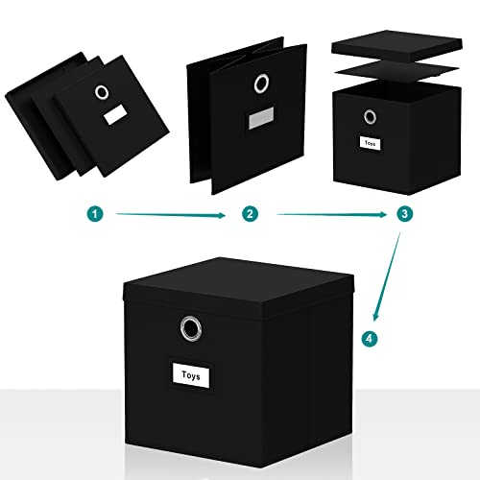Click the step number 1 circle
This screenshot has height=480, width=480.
tap(93, 215)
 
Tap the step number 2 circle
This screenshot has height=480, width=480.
tap(250, 215)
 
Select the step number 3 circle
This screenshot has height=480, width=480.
tap(405, 215)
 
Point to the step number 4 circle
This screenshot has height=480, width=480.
tap(367, 338)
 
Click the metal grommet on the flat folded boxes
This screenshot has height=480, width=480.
tap(102, 93)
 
